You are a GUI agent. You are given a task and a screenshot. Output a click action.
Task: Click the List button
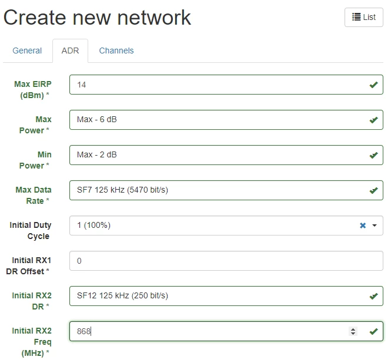[x=363, y=17]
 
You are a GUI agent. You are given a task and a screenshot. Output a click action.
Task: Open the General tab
[x=27, y=51]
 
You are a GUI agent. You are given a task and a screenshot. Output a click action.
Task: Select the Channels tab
[x=116, y=51]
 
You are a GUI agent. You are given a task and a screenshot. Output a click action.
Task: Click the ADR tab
[x=71, y=51]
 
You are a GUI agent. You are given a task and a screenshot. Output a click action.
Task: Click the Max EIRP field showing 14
[x=226, y=85]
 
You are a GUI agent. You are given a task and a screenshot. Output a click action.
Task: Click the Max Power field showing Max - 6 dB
[x=226, y=120]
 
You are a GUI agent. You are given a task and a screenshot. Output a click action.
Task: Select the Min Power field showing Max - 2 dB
[x=226, y=155]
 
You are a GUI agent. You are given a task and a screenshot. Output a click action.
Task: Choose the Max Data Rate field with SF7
[x=226, y=190]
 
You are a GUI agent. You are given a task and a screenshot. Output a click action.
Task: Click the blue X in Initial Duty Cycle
[x=363, y=226]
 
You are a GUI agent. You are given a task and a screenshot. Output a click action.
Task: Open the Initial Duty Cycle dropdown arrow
[x=375, y=226]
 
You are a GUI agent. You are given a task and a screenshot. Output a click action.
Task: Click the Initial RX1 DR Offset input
[x=226, y=261]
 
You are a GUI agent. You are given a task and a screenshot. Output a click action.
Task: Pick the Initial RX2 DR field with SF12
[x=226, y=296]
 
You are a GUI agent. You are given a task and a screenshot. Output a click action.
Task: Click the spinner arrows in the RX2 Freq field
[x=353, y=331]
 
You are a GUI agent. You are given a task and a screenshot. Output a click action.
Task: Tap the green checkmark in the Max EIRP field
[x=373, y=85]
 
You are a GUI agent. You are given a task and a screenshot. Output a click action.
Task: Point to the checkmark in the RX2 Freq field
[x=373, y=332]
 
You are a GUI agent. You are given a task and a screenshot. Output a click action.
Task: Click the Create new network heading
[x=97, y=18]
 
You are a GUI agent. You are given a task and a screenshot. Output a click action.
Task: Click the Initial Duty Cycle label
[x=30, y=230]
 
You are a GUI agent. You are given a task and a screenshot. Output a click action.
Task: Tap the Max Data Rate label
[x=34, y=196]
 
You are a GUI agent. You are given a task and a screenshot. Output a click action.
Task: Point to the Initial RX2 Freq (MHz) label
[x=32, y=342]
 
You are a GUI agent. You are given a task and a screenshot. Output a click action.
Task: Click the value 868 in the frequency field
[x=83, y=331]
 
